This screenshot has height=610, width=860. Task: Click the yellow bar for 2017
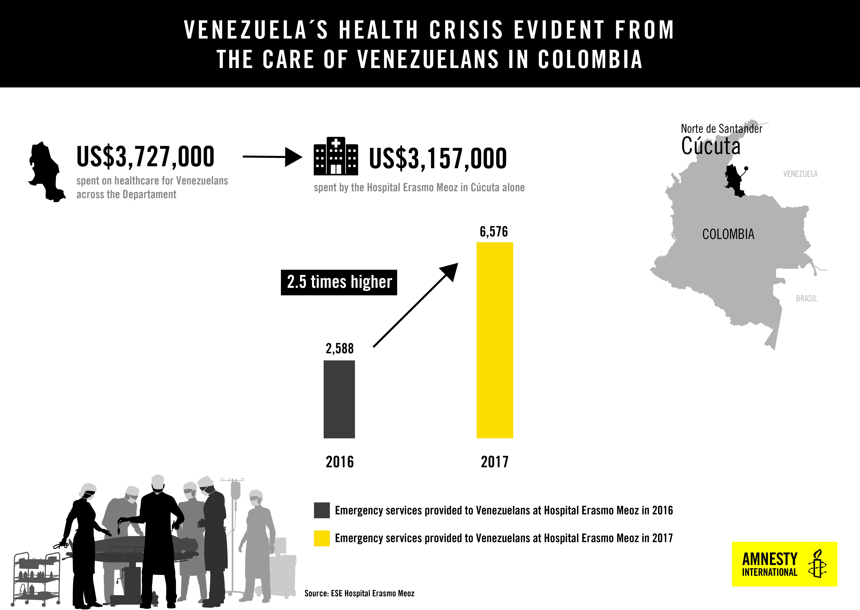[495, 340]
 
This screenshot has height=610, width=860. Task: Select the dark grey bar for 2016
[339, 399]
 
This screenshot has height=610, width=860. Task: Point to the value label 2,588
[339, 349]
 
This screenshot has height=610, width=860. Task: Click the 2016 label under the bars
[339, 462]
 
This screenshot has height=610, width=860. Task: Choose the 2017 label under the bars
[495, 462]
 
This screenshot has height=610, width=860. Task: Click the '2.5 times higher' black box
[339, 282]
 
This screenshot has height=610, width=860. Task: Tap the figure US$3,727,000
[145, 157]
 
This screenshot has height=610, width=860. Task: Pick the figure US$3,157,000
[438, 159]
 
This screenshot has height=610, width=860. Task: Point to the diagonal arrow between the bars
[416, 305]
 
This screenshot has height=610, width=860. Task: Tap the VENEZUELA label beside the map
[800, 174]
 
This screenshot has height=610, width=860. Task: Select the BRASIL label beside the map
[806, 299]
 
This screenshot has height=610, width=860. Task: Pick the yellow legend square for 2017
[322, 538]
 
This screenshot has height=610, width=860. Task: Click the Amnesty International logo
[785, 564]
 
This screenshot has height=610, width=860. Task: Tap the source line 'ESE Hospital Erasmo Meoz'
[373, 594]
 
